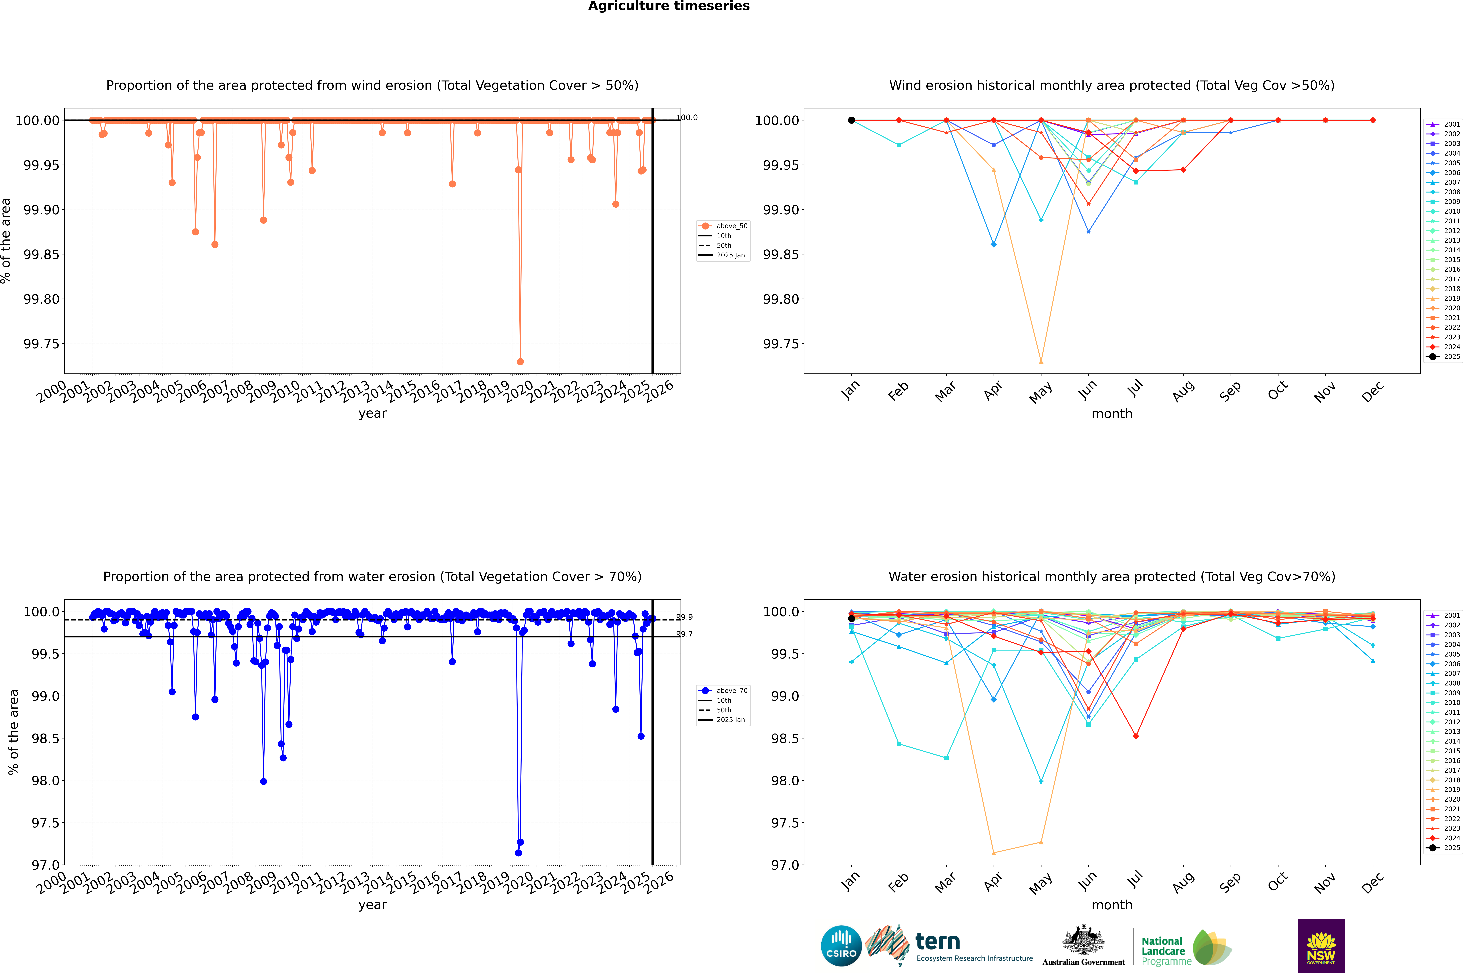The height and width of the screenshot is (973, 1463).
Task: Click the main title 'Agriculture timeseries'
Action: [x=669, y=6]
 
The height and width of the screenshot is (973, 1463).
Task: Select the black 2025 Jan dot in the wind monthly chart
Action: [x=852, y=120]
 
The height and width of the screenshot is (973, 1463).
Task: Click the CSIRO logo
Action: [x=841, y=946]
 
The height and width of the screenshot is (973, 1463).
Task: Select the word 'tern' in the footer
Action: [x=938, y=942]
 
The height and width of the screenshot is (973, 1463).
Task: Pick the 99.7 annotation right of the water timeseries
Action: [x=685, y=634]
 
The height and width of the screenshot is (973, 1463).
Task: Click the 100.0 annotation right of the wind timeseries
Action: [x=687, y=117]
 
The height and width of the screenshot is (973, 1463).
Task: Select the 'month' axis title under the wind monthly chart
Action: [x=1111, y=414]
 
